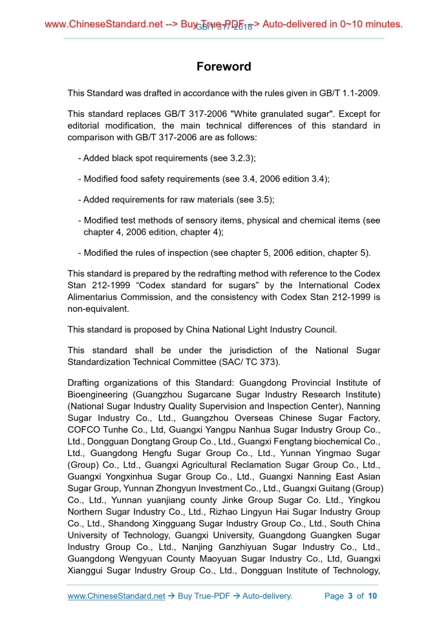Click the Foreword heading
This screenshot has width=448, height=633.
point(224,67)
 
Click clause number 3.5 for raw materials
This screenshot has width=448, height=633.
point(268,200)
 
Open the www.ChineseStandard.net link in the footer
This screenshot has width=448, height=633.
point(116,596)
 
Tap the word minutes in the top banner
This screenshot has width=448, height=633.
point(382,25)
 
